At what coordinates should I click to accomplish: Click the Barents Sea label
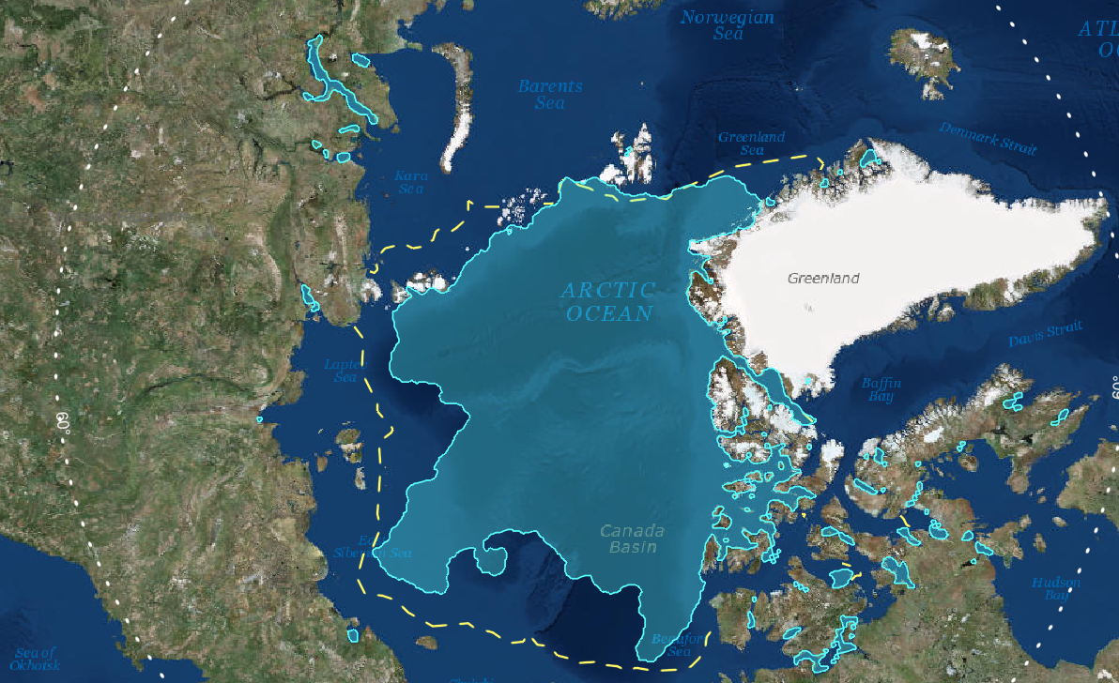(550, 94)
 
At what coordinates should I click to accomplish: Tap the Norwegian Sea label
(728, 25)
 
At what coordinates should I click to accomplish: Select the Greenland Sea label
(751, 144)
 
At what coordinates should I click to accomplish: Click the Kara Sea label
(411, 182)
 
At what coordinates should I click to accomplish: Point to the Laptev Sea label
(343, 371)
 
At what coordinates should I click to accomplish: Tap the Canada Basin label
(632, 539)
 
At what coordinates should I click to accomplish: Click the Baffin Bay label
(881, 389)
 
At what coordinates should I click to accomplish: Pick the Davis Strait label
(1046, 334)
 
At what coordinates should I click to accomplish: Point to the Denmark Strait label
(988, 138)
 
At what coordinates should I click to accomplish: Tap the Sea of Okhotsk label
(38, 659)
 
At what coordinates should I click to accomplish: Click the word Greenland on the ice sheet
(823, 278)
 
